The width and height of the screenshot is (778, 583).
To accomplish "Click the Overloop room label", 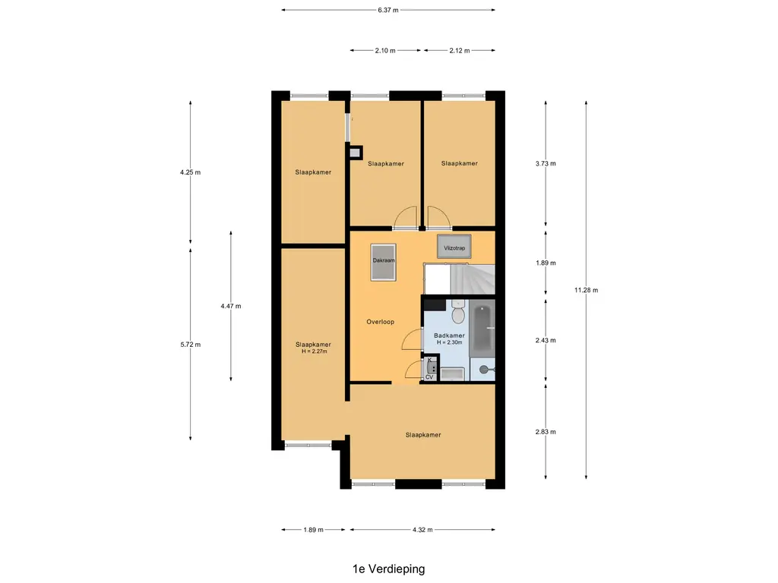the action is (x=380, y=322).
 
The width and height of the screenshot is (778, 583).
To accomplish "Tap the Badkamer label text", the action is (x=449, y=336).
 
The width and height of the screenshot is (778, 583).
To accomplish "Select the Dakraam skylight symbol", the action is (x=384, y=262).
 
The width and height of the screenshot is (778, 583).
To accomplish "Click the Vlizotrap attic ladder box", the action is (x=454, y=247).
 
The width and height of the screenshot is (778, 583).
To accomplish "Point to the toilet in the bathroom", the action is (x=458, y=312).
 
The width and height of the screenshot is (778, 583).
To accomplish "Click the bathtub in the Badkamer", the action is (x=482, y=330).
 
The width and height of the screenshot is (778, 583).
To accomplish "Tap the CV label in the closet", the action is (x=429, y=377).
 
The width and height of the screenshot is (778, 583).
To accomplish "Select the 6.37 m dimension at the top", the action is (x=388, y=10).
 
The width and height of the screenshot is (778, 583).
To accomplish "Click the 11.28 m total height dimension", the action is (x=586, y=290).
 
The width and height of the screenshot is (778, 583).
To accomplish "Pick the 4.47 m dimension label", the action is (x=231, y=306).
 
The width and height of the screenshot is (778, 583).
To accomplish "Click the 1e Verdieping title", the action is (x=388, y=569).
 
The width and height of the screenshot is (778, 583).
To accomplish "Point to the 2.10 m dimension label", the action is (x=385, y=50).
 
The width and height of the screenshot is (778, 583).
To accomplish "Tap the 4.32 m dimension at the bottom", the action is (x=422, y=529).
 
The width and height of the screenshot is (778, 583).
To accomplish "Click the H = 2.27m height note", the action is (x=314, y=351).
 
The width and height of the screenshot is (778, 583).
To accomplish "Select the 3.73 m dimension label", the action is (x=546, y=163).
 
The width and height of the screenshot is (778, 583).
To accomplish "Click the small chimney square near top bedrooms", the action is (x=354, y=153).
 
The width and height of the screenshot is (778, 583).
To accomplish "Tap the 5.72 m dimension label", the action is (x=191, y=345).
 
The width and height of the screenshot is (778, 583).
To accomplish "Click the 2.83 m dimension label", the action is (x=546, y=432).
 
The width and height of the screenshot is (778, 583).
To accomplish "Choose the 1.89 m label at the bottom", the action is (x=313, y=529).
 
